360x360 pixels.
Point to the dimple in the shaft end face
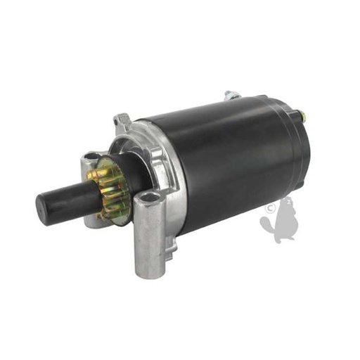[44, 205]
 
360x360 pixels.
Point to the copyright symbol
[269, 208]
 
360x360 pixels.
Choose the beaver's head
[287, 207]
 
